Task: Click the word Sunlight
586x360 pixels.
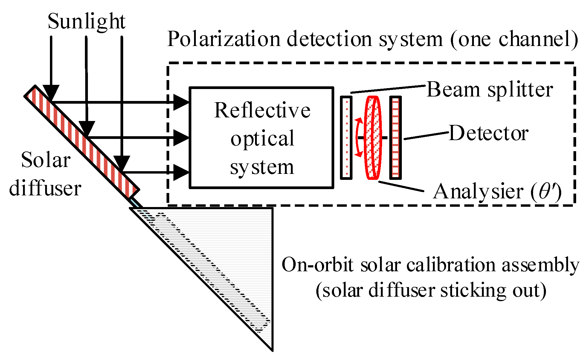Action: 86,22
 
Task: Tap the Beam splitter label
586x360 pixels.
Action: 489,90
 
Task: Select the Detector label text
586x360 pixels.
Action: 489,133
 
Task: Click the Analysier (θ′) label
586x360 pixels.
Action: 497,192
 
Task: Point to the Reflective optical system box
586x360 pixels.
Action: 262,138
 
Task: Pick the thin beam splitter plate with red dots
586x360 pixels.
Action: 346,137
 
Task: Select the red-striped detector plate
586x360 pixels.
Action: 396,137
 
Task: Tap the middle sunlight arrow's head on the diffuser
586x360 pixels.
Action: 86,128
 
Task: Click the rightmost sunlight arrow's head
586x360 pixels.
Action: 121,163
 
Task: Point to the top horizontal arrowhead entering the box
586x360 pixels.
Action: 180,102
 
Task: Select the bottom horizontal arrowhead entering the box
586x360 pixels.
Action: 180,172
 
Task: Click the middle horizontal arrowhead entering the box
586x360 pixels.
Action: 180,138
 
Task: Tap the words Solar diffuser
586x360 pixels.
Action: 45,174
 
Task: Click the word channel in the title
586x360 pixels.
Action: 532,39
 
